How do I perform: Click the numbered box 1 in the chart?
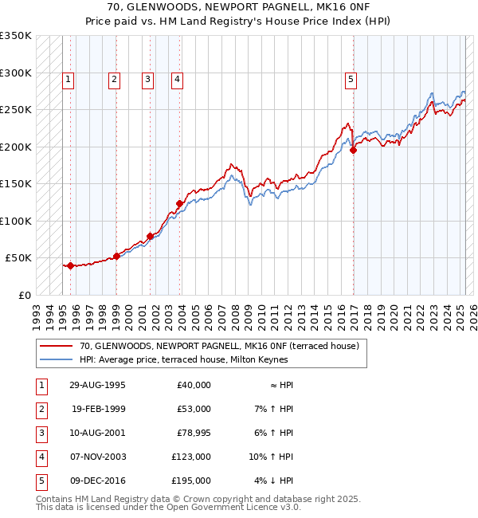(x=69, y=79)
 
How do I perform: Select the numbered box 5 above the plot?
(x=351, y=79)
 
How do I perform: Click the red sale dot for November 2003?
(x=180, y=204)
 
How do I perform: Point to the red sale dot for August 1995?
(x=70, y=265)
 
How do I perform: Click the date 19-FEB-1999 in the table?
(x=99, y=409)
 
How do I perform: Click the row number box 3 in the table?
(x=41, y=433)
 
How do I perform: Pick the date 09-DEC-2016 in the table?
(x=99, y=481)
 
